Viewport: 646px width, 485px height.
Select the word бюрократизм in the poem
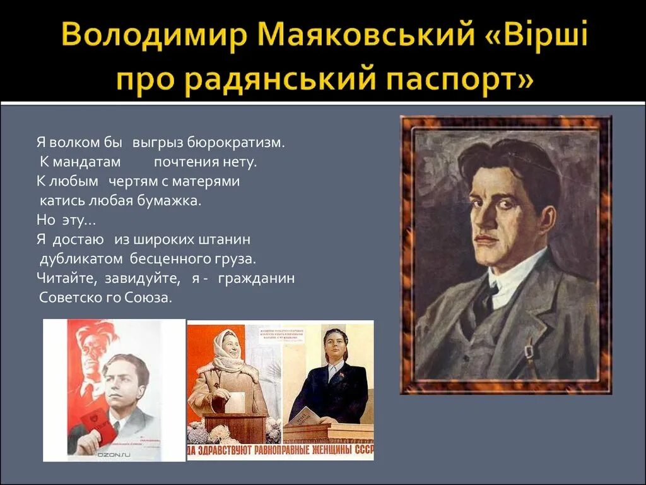(244, 143)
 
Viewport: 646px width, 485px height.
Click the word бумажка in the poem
(170, 201)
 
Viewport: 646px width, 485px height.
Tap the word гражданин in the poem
(257, 278)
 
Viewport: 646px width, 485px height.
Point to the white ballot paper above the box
(234, 402)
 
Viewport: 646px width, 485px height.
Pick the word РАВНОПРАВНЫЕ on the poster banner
(277, 450)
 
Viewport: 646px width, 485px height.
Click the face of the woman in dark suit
(336, 346)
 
